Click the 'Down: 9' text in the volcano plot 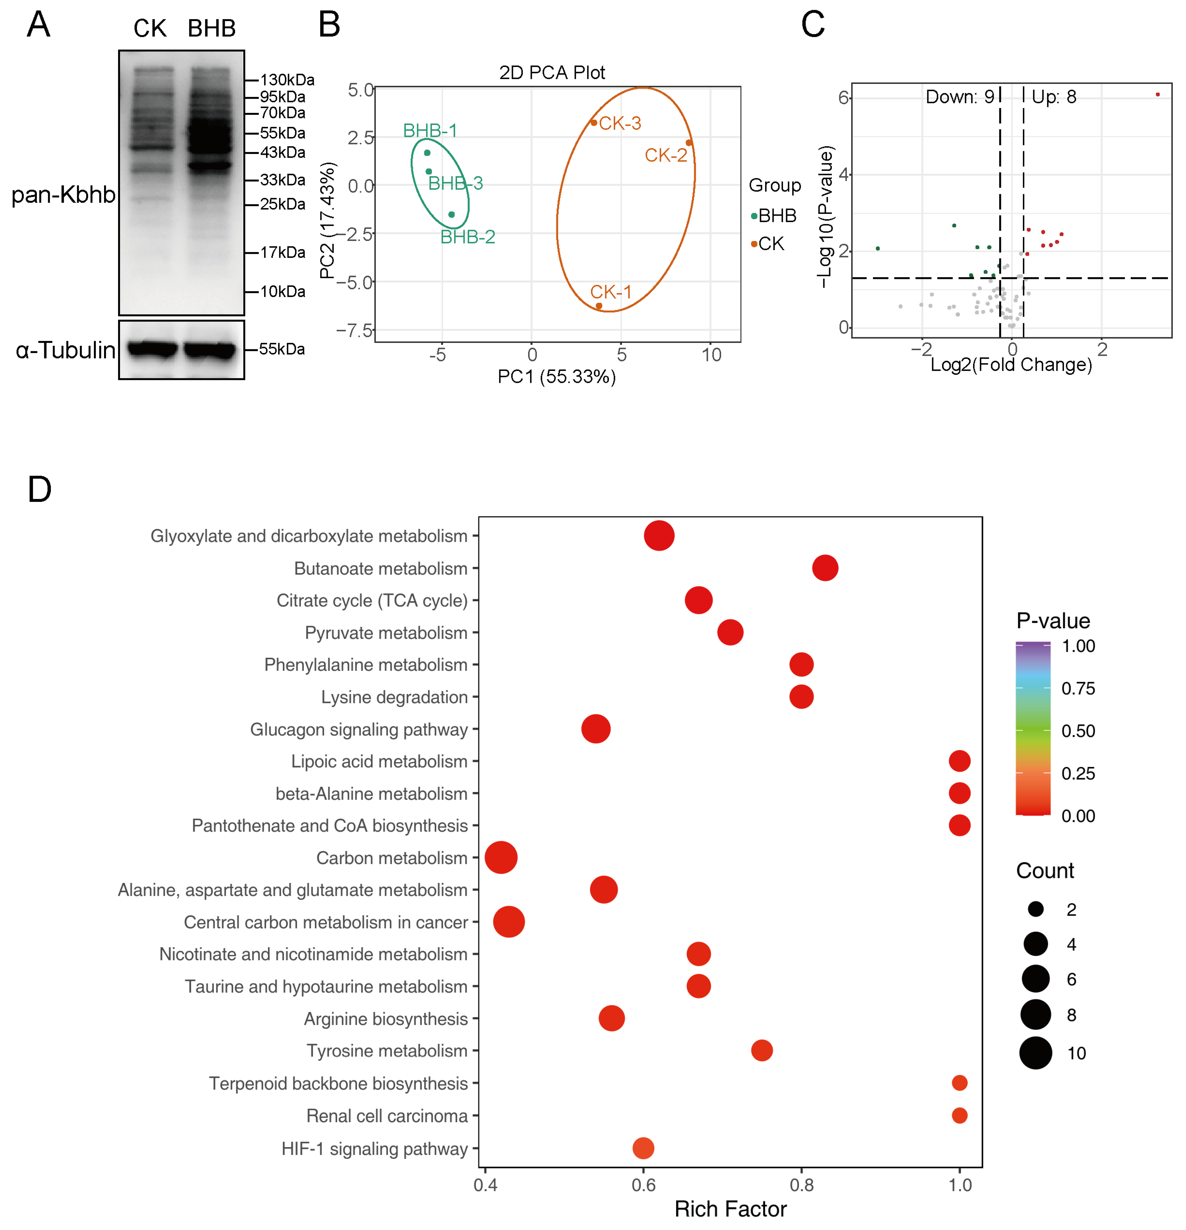pyautogui.click(x=960, y=97)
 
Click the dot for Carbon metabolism pyautogui.click(x=501, y=857)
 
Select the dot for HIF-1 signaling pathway pyautogui.click(x=643, y=1148)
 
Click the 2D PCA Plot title pyautogui.click(x=552, y=73)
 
